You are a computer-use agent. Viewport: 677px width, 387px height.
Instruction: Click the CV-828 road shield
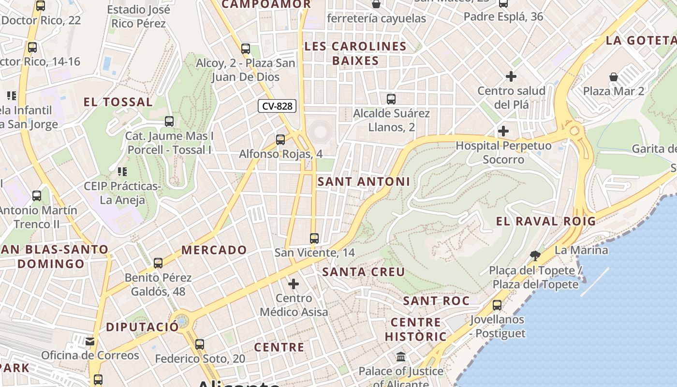coord(277,106)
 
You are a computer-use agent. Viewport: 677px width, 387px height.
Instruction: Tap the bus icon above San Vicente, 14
coord(314,238)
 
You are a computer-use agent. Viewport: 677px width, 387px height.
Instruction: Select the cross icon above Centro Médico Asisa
coord(294,284)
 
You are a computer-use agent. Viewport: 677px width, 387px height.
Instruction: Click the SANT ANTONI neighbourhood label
coord(364,182)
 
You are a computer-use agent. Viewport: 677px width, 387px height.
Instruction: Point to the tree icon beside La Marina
coord(535,255)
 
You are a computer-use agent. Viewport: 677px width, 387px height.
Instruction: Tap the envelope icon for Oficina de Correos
coord(90,342)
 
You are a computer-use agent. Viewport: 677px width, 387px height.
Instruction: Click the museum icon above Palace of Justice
coord(401,357)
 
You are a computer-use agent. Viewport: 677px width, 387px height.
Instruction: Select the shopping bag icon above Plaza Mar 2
coord(613,77)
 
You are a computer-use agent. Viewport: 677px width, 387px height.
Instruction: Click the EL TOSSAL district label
coord(118,102)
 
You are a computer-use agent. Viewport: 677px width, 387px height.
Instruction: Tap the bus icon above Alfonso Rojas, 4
coord(280,140)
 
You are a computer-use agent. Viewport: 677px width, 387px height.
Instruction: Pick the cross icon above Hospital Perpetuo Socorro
coord(503,131)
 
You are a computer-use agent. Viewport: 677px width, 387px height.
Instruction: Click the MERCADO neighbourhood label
coord(214,250)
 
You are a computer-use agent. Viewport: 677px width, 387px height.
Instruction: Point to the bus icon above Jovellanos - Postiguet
coord(497,305)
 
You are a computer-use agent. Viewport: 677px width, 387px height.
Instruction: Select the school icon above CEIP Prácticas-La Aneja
coord(122,171)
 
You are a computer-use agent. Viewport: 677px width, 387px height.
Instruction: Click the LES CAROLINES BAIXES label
coord(355,54)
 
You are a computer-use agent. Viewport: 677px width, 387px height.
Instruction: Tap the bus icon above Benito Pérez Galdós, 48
coord(158,263)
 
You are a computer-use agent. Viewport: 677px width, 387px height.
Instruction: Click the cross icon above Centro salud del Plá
coord(511,76)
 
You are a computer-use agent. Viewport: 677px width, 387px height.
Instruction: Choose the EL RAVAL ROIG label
coord(546,222)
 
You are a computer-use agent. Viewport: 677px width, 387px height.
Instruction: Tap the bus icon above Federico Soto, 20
coord(200,344)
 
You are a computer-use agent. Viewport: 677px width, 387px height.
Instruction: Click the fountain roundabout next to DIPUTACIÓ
coord(182,321)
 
